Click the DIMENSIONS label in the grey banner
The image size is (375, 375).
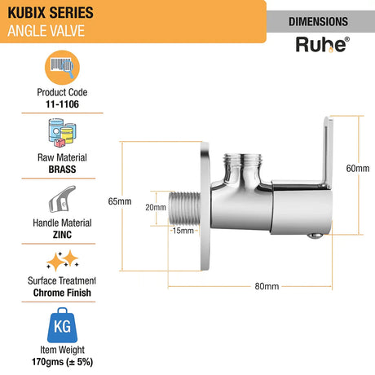tap(324, 21)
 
